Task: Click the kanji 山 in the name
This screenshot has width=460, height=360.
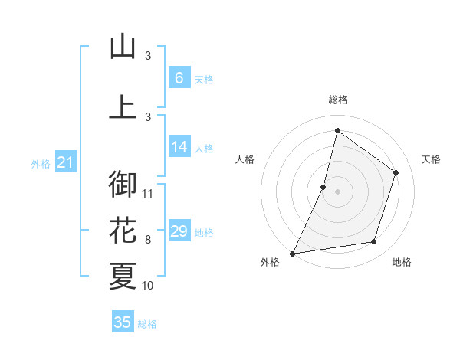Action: tap(123, 47)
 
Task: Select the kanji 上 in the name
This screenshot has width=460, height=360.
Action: tap(123, 108)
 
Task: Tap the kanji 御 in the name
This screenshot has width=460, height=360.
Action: tap(123, 184)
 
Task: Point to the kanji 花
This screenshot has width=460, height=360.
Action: tap(123, 230)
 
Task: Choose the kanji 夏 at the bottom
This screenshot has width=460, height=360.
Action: tap(123, 276)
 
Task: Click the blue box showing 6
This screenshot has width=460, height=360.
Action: tap(179, 78)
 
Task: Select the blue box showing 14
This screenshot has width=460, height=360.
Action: tap(179, 148)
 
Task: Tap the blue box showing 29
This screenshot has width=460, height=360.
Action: tap(179, 231)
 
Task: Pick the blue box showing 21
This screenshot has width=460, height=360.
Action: tap(66, 162)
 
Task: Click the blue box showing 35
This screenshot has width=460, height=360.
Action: tap(123, 322)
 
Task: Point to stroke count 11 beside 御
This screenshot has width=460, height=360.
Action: tap(149, 193)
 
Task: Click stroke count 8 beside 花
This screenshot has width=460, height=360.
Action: tap(148, 240)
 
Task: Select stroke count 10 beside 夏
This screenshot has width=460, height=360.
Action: tap(148, 285)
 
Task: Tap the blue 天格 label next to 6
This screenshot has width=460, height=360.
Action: tap(204, 79)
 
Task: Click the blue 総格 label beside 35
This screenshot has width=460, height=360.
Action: tap(147, 324)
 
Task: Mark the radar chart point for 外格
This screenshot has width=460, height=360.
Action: tap(292, 253)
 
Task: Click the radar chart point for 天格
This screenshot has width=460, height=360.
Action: tap(396, 172)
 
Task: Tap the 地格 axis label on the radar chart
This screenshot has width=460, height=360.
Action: tap(402, 262)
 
